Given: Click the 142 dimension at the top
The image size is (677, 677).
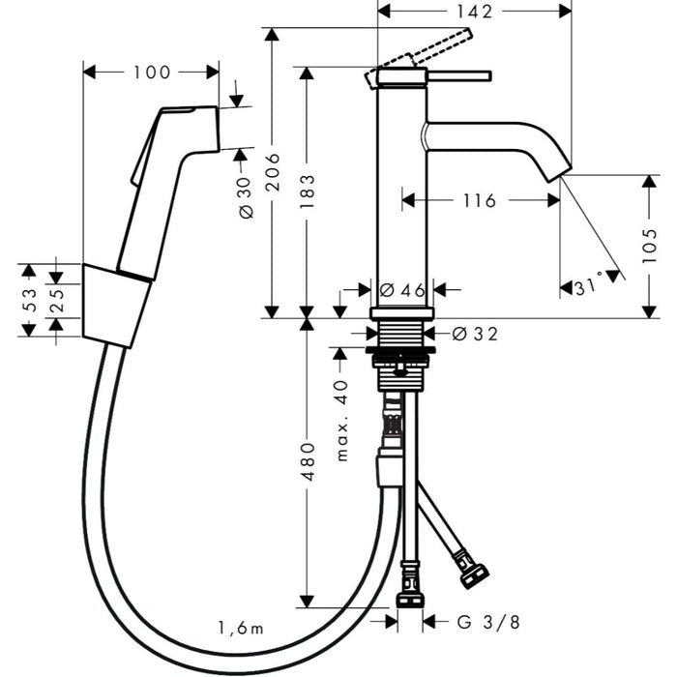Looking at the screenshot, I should click(473, 12).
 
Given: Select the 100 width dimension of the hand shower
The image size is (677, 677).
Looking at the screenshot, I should click(152, 73).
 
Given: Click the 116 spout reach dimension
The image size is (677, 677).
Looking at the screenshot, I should click(479, 201).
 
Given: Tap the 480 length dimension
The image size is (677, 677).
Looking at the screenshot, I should click(308, 462).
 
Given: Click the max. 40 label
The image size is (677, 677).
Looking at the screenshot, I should click(340, 420).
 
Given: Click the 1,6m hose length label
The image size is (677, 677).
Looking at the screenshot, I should click(240, 628).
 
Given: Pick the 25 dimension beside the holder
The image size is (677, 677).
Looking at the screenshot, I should click(57, 300).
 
